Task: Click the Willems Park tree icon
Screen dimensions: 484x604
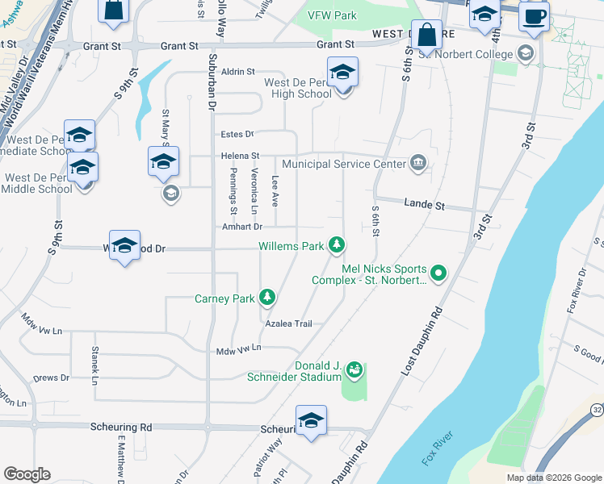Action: [337, 245]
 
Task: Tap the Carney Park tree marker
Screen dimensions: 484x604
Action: [267, 298]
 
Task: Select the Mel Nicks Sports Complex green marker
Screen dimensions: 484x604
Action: [438, 273]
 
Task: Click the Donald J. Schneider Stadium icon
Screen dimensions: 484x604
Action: [353, 371]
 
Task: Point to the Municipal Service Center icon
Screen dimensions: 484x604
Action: [418, 164]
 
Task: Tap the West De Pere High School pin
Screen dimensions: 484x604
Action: [342, 73]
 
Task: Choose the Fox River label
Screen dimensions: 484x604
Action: [438, 449]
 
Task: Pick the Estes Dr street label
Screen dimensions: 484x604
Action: [237, 134]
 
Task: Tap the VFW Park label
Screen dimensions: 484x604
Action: [332, 15]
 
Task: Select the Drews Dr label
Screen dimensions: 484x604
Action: [51, 378]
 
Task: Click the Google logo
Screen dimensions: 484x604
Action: [27, 474]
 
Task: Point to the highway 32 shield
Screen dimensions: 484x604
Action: [596, 409]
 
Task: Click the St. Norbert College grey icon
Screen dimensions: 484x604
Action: [526, 54]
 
